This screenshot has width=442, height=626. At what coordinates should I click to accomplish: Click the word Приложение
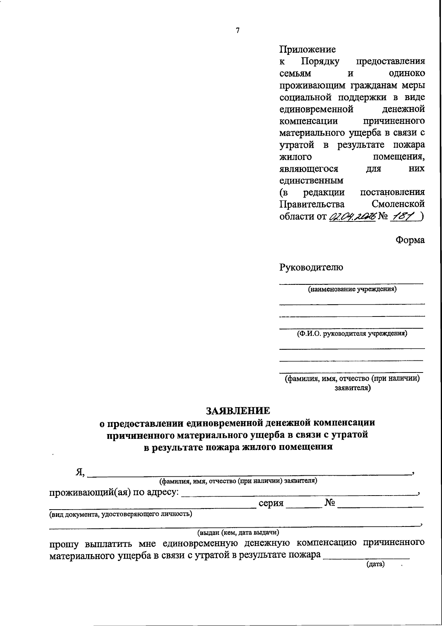(308, 49)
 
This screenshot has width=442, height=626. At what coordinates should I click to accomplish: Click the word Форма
(410, 240)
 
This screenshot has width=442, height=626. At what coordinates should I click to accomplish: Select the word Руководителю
(311, 267)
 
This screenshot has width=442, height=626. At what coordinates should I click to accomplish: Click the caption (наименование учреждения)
(352, 289)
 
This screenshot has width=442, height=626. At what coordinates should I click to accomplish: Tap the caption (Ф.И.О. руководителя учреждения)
(352, 334)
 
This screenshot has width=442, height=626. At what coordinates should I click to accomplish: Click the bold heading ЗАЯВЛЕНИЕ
(238, 410)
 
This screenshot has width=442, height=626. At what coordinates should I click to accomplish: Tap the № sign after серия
(330, 503)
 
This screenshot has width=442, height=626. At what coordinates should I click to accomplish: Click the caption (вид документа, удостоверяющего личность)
(121, 514)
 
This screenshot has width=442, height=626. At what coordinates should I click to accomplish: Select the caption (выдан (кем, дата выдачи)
(238, 532)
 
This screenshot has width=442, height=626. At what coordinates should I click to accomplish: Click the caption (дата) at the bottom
(375, 564)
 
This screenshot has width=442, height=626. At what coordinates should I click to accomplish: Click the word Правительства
(312, 204)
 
